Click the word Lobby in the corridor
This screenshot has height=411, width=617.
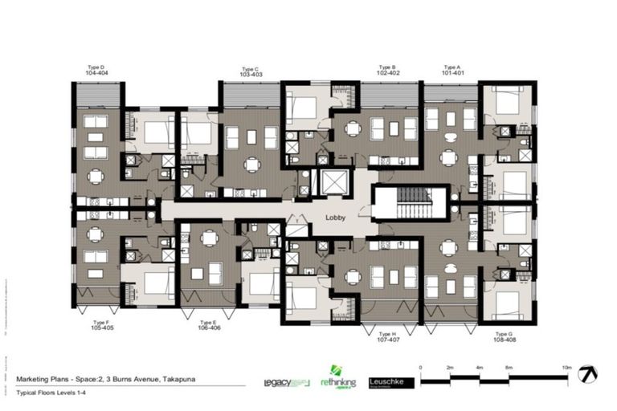[335, 218]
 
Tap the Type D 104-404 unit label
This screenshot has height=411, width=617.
[96, 70]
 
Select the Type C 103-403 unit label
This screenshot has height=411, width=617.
[250, 71]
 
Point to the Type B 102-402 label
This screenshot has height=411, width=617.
[389, 70]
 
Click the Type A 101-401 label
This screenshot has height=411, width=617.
[453, 70]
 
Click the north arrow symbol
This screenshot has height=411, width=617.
[590, 374]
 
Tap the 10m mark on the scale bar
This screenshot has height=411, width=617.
[567, 367]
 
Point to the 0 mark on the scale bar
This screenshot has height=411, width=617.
[421, 367]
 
